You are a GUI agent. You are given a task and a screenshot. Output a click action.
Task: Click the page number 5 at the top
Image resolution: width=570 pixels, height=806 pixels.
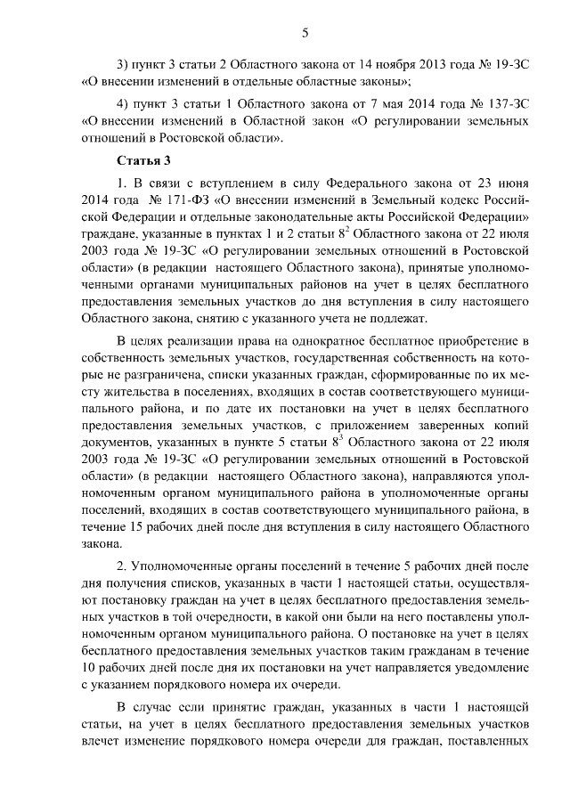tap(305, 33)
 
